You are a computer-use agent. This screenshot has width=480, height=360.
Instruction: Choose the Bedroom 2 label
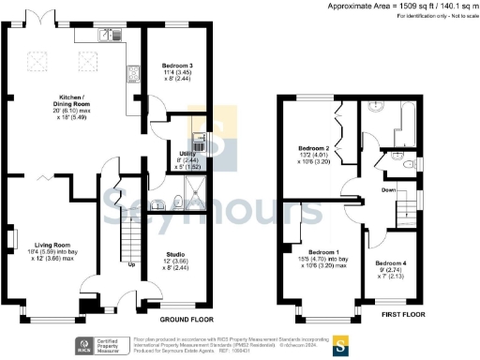[x=313, y=149]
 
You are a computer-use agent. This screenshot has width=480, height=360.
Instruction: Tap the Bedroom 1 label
[x=323, y=252]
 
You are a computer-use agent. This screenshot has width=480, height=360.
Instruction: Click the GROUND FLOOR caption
[x=168, y=307]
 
